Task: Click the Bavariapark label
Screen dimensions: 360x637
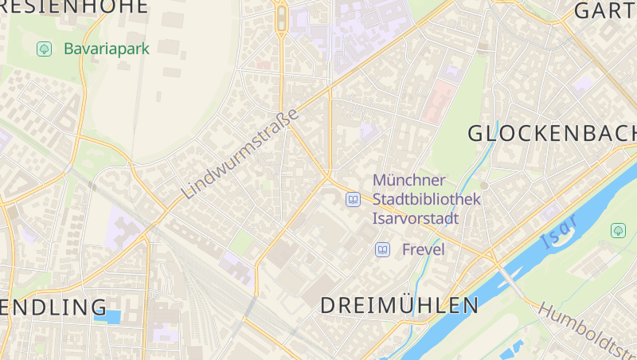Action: click(106, 49)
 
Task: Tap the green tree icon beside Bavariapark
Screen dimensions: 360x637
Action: click(45, 49)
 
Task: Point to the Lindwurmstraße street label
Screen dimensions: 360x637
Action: click(240, 154)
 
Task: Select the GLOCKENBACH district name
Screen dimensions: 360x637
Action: click(552, 133)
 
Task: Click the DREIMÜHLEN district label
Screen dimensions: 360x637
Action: click(399, 305)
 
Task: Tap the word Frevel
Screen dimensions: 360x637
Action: click(423, 250)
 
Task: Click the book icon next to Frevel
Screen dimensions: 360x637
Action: click(383, 250)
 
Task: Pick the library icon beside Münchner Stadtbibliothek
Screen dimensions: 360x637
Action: click(353, 199)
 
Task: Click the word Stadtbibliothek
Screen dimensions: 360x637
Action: click(426, 199)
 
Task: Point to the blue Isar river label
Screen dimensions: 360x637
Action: click(557, 232)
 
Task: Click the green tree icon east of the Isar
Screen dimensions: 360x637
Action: click(618, 230)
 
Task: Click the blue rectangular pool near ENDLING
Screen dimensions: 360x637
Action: click(107, 316)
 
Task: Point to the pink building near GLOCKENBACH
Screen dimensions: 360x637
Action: click(439, 103)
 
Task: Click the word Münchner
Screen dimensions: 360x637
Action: click(409, 181)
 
